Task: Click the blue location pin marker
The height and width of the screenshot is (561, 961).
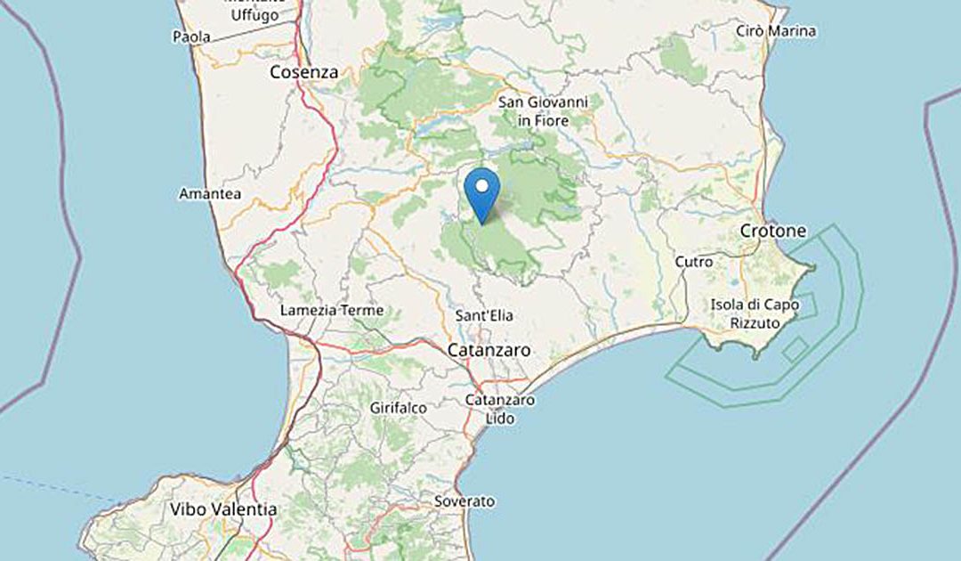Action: coord(482,194)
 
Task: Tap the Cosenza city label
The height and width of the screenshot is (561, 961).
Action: coord(303,73)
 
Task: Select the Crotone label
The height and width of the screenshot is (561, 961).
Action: coord(773,232)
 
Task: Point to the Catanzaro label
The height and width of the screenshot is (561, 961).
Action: coord(489,350)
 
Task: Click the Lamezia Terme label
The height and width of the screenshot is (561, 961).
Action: coord(332,311)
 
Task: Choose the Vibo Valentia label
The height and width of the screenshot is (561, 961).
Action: coord(222,510)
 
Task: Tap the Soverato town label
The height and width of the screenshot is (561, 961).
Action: coord(464,501)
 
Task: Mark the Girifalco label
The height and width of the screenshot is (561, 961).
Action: coord(398,408)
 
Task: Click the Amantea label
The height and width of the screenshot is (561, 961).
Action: coord(210,193)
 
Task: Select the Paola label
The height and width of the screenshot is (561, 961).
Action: coord(191,37)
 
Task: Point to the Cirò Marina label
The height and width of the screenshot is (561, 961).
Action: coord(776,31)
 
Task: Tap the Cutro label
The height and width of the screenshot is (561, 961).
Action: coord(694,262)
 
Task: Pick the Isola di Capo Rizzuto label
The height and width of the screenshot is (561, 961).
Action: coord(755,313)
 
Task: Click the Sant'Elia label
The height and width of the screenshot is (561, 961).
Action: coord(484,315)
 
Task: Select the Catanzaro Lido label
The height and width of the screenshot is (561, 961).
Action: coord(500,408)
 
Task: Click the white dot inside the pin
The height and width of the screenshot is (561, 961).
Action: coord(482,186)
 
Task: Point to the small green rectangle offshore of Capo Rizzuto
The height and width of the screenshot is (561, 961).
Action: coord(795,348)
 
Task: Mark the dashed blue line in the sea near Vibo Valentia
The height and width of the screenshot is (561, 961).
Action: coord(53,486)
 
